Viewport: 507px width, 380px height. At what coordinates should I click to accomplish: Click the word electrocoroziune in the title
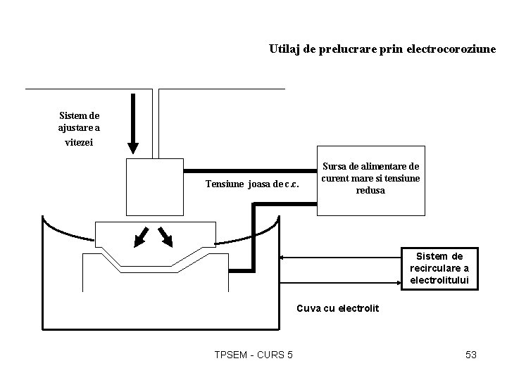pos(452,49)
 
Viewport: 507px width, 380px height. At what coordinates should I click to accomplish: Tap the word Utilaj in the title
pos(284,49)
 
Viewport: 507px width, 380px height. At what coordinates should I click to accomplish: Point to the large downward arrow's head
pos(133,147)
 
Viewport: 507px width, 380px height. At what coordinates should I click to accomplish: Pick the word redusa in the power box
pos(371,191)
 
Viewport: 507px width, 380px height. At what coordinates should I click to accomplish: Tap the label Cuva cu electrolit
pos(338,308)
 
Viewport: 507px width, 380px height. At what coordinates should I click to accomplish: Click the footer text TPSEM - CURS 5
pos(254,355)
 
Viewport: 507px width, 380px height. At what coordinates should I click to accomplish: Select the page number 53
pos(471,355)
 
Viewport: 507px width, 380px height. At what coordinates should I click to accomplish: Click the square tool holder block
pos(154,186)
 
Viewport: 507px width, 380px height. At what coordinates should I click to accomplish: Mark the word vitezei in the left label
pos(79,141)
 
